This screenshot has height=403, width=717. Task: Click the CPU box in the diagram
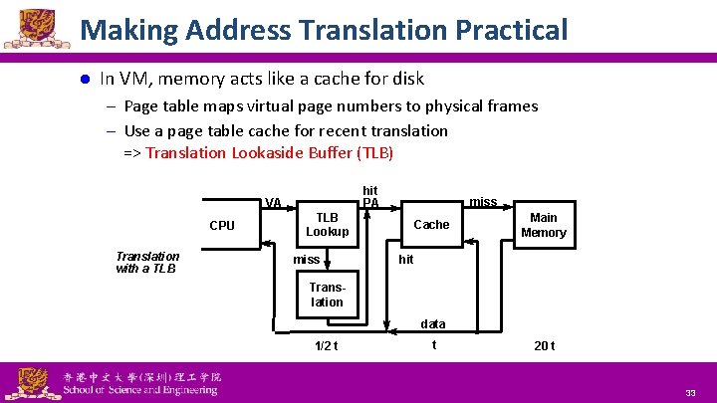[x=222, y=226]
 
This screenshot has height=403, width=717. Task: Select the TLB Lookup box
[x=327, y=225]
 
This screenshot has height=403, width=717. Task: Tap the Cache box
[x=431, y=225]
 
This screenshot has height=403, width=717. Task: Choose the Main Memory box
[x=544, y=225]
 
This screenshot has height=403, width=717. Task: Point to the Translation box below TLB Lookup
[x=327, y=295]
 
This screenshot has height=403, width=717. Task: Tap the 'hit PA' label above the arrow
[x=370, y=196]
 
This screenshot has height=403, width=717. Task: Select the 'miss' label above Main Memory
[x=483, y=202]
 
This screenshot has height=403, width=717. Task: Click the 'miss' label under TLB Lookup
[x=307, y=260]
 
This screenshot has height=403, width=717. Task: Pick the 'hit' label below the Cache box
[x=405, y=260]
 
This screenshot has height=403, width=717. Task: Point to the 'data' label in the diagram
[x=433, y=324]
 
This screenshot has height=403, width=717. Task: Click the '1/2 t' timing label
[x=326, y=346]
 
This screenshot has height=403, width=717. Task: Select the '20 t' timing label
[x=544, y=346]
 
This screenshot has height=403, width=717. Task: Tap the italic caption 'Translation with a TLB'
[x=147, y=262]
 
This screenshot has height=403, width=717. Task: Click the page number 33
[x=690, y=394]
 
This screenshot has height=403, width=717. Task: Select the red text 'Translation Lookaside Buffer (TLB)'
[x=270, y=153]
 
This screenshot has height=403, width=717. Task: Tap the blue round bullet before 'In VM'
[x=85, y=79]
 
